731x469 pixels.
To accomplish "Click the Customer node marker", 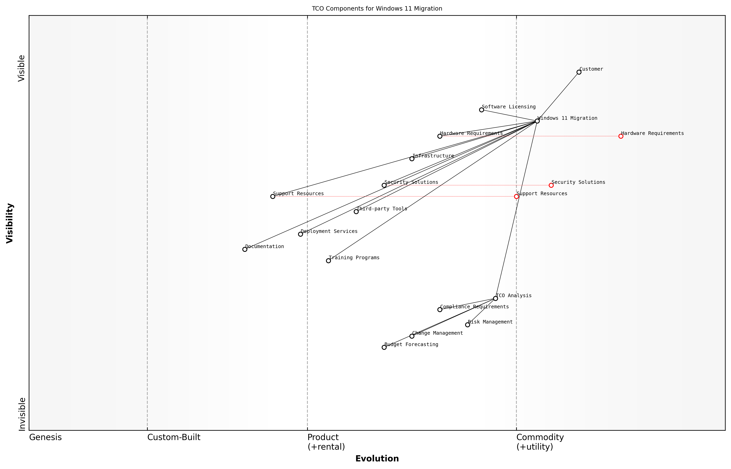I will click(x=579, y=72).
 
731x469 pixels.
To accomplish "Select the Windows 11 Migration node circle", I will click(x=537, y=121).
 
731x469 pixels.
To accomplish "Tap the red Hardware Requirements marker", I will click(x=621, y=136).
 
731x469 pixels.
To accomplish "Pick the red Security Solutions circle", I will click(x=551, y=185).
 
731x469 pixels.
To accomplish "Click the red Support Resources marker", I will click(x=516, y=196).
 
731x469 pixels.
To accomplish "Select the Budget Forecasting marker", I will click(x=384, y=347).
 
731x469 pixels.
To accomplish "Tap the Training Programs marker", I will click(x=328, y=261).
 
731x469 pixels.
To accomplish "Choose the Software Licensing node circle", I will click(x=481, y=110).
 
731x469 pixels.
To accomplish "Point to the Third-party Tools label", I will click(x=382, y=209).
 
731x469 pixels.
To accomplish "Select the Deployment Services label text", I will click(x=329, y=231).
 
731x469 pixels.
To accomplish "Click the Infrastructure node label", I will click(x=433, y=156).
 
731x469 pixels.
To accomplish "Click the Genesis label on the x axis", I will click(x=45, y=437).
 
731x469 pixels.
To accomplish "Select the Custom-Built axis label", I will click(x=174, y=437).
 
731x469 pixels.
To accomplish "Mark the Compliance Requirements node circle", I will click(x=440, y=310).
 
